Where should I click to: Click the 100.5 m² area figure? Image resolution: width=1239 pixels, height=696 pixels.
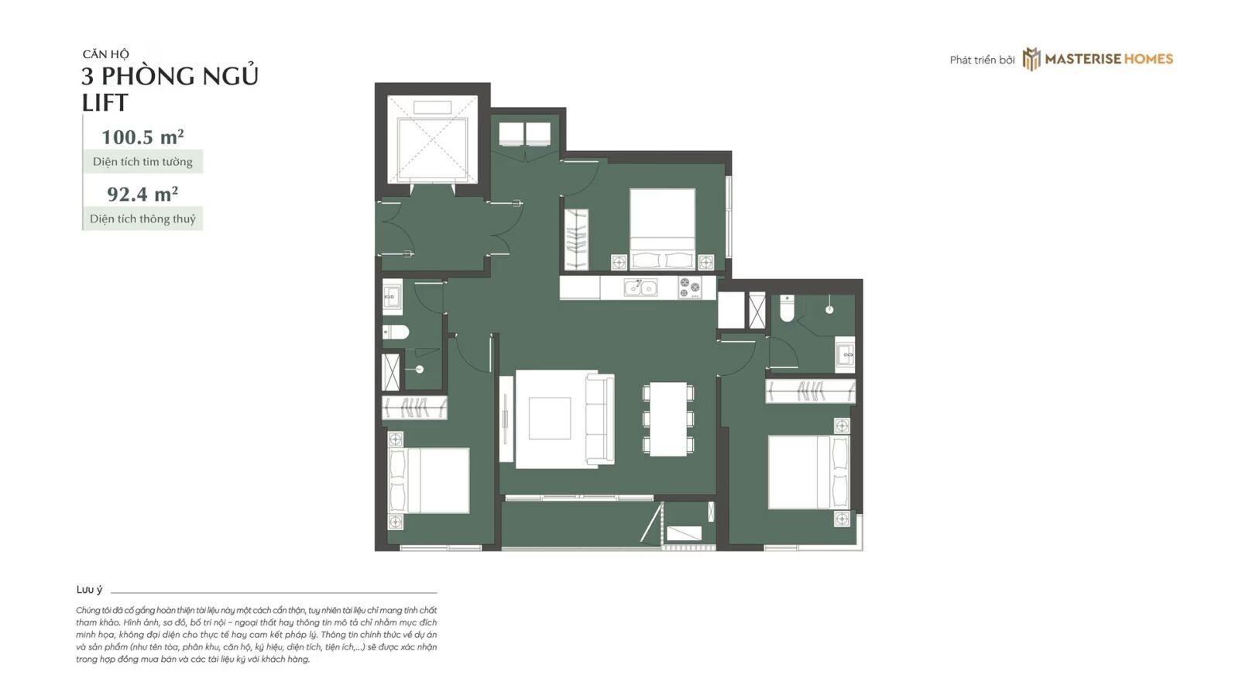tap(142, 137)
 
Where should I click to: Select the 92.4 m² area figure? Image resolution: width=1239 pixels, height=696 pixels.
tap(142, 195)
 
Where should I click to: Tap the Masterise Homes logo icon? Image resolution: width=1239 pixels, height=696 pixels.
tap(1031, 59)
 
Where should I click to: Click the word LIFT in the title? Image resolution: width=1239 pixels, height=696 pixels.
tap(105, 103)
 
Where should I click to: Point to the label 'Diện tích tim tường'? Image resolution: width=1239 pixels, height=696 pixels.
tap(142, 162)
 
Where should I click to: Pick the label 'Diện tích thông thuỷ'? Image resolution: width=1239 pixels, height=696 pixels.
tap(142, 219)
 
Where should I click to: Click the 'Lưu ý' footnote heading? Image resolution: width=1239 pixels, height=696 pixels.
tap(89, 591)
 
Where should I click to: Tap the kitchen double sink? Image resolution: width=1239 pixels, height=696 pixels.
tap(640, 288)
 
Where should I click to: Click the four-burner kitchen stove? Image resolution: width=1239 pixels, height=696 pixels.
tap(689, 288)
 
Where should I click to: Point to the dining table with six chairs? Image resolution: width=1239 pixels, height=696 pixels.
tap(668, 419)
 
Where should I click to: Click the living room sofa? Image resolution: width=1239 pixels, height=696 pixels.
tap(600, 419)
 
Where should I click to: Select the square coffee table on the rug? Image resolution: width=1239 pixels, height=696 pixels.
tap(549, 419)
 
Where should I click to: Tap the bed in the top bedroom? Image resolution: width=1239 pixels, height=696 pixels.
tap(662, 229)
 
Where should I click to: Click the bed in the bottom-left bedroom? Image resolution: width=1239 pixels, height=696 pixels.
tap(429, 481)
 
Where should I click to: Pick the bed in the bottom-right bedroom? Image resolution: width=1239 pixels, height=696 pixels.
tap(808, 472)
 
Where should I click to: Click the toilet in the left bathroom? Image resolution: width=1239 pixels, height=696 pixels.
tap(396, 332)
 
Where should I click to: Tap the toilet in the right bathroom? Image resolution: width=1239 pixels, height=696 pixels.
tap(787, 309)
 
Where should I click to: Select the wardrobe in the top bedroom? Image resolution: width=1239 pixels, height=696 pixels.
tap(576, 239)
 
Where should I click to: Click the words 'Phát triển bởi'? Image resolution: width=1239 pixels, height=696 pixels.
tap(982, 60)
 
